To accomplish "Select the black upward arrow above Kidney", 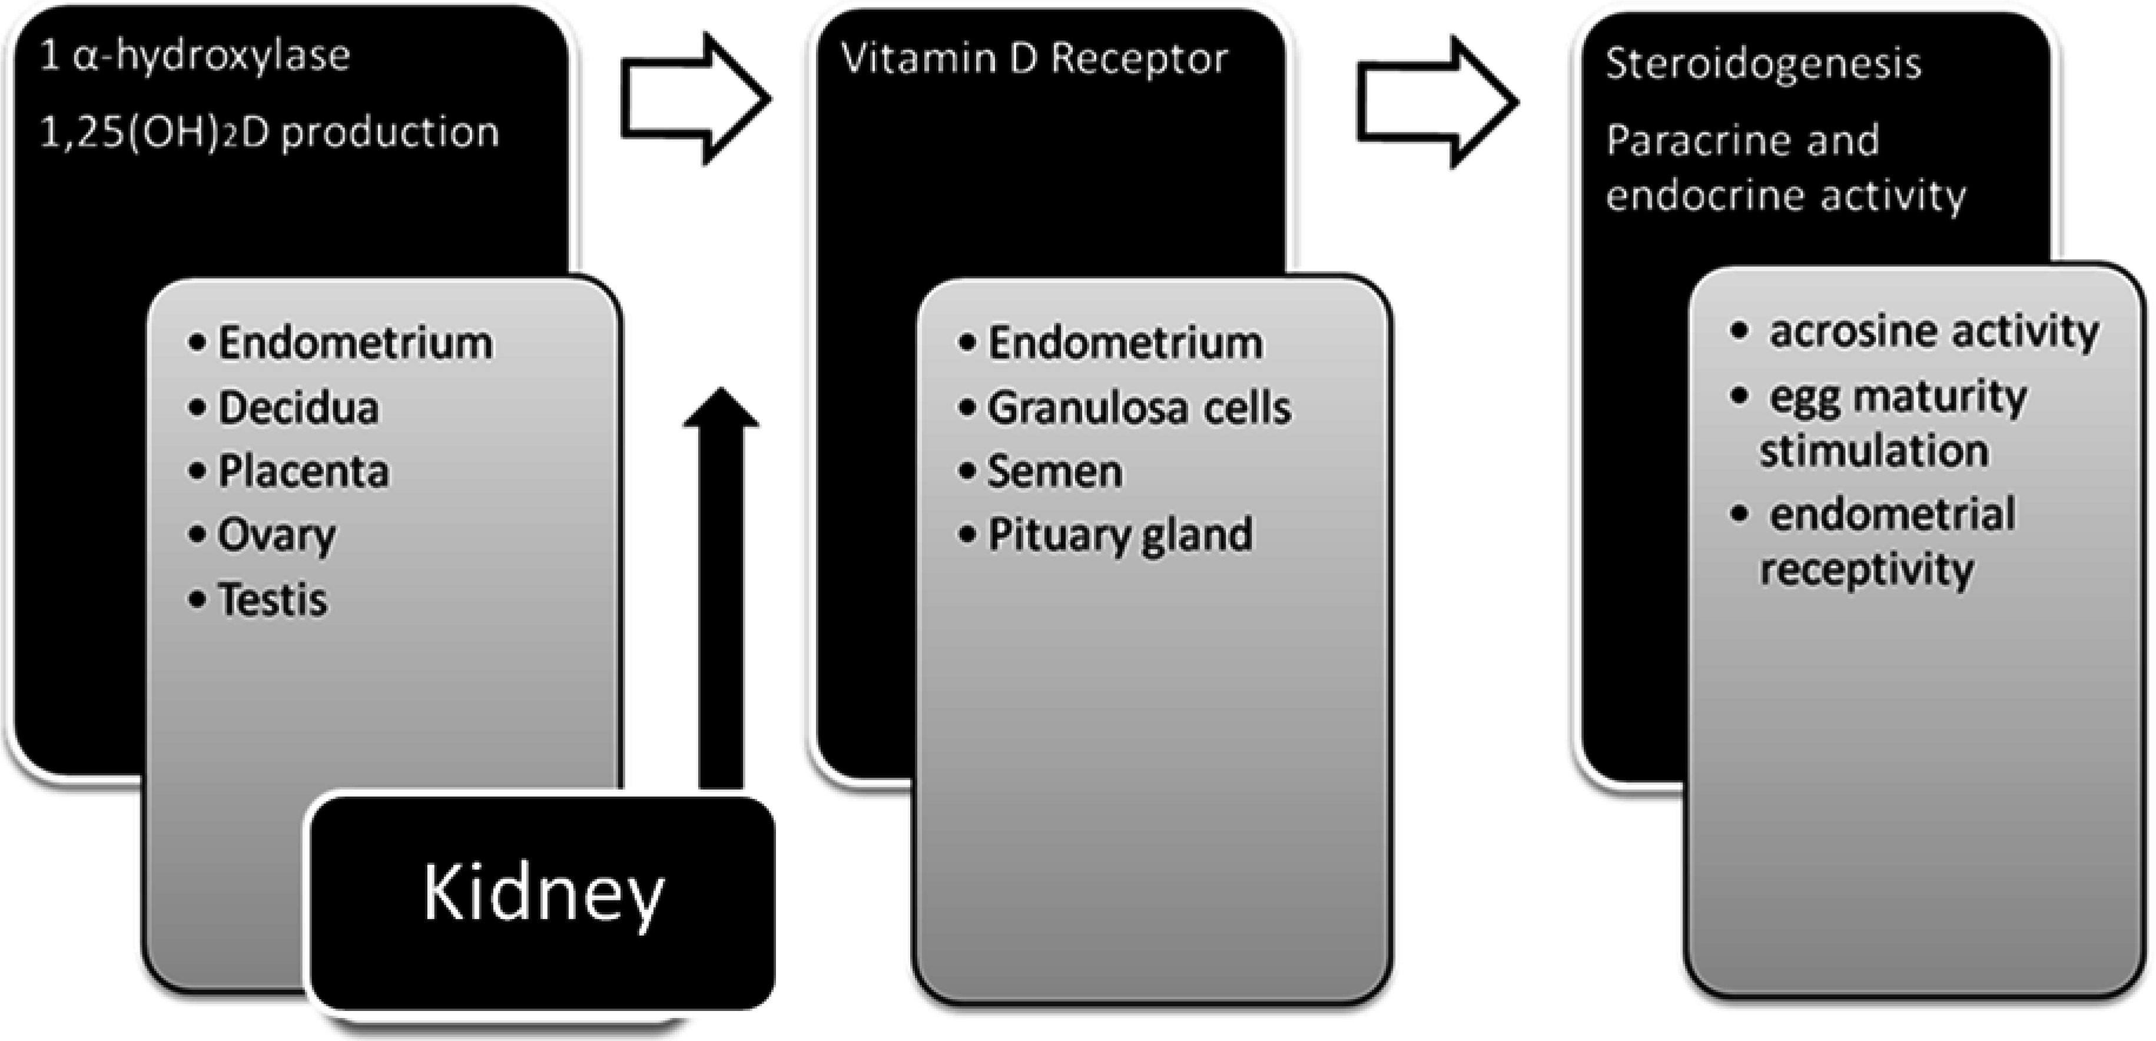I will (x=721, y=586).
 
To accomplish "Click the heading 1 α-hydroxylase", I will (x=195, y=56).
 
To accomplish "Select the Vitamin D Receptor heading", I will (x=1034, y=58).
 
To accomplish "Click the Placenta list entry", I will (x=303, y=471).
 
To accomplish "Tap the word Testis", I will (x=272, y=600).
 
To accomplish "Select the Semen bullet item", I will (x=1054, y=471).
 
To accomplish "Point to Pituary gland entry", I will (x=1120, y=535).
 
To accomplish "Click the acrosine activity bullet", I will (x=1933, y=331).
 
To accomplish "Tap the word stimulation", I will (x=1874, y=451).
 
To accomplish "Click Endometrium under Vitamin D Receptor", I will (x=1125, y=343).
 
